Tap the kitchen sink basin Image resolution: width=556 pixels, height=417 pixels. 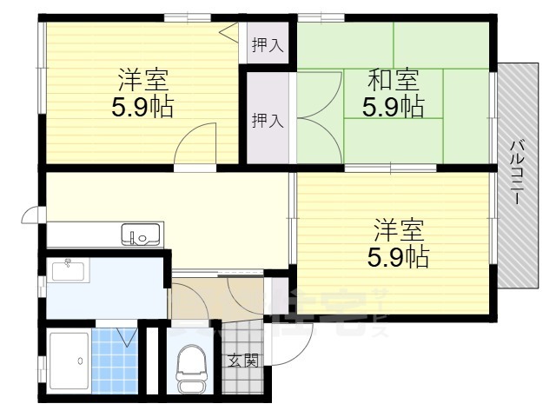point(140,234)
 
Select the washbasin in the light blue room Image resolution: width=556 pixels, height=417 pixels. point(67,270)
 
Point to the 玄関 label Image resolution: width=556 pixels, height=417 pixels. point(242,360)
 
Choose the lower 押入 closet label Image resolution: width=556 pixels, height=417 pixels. point(267,121)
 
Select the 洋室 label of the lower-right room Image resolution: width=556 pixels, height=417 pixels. point(399,231)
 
